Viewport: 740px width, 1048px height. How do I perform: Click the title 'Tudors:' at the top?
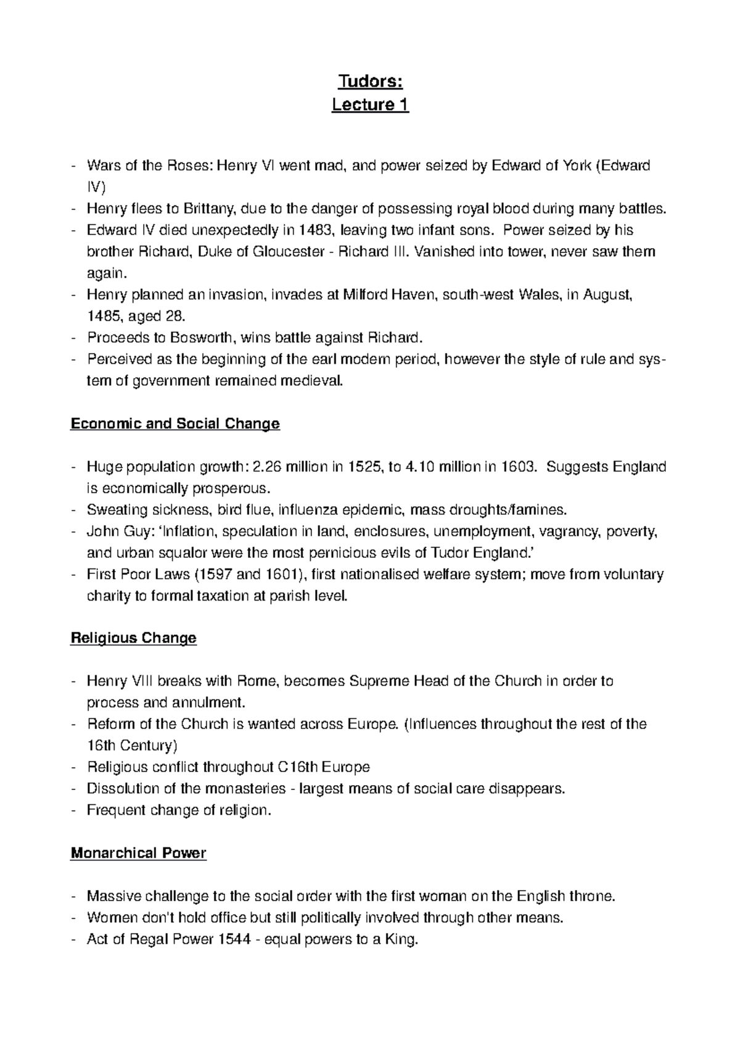tap(370, 83)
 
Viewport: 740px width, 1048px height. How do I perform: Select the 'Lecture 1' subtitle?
tap(370, 105)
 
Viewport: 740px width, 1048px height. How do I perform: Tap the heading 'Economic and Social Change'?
tap(175, 424)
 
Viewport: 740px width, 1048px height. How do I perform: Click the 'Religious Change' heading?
tap(133, 638)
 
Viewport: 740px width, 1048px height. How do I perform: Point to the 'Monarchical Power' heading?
tap(138, 854)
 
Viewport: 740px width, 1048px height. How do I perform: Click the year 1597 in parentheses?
tap(216, 575)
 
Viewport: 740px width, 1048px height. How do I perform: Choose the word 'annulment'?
tap(210, 703)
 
